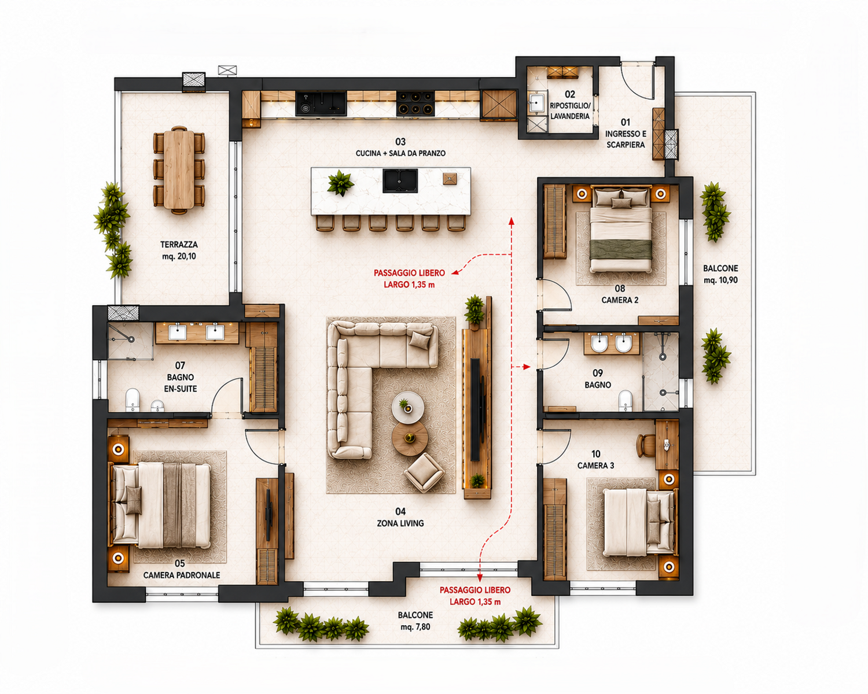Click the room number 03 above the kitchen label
pos(400,142)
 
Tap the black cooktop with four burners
pos(415,104)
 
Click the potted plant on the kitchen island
pos(340,183)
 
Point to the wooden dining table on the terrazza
pos(179,169)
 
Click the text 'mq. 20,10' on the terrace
pos(179,256)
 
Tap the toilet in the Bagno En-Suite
pos(133,400)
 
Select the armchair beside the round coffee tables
pos(424,472)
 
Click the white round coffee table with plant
pos(408,407)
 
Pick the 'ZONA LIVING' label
pos(400,523)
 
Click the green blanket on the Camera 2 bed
pos(621,250)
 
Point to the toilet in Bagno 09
pos(626,400)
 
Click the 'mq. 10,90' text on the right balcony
pos(721,280)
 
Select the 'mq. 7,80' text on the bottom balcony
pos(415,627)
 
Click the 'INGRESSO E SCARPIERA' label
pos(626,139)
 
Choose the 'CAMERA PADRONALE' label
pos(182,575)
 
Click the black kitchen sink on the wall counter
pos(321,104)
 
